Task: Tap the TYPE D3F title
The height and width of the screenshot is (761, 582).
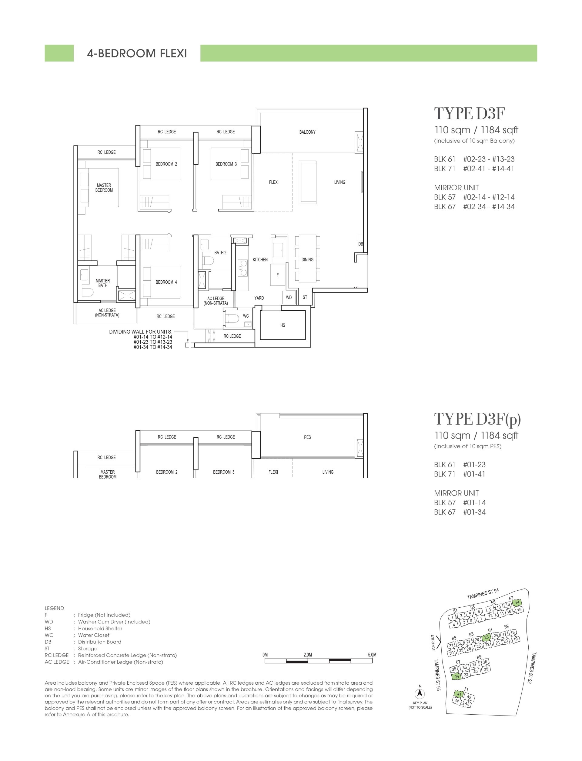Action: coord(470,114)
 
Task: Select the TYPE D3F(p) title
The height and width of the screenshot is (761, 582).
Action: coord(477,419)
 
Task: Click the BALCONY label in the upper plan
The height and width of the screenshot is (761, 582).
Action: coord(307,132)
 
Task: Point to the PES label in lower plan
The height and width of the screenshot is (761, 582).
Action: coord(307,437)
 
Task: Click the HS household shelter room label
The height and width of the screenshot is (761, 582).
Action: coord(283,325)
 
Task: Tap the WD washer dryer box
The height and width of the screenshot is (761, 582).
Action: coord(289,298)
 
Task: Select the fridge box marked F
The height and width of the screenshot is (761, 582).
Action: coord(277,275)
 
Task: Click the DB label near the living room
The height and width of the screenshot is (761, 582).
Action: coord(360,244)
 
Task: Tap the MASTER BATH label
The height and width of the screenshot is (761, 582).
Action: coord(102,283)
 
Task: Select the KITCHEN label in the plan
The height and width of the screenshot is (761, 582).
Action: coord(260,259)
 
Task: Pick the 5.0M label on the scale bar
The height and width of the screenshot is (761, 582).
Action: coord(372,655)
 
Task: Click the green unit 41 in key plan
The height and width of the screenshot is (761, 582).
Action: coord(459,694)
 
